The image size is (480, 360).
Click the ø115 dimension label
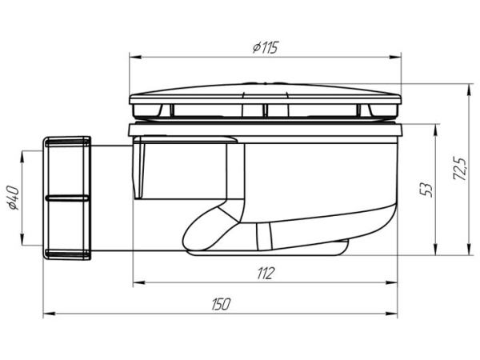[266, 48]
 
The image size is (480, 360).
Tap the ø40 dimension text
[14, 198]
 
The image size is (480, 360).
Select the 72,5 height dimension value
[460, 168]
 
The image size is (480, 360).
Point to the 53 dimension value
[426, 190]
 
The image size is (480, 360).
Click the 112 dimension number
[265, 274]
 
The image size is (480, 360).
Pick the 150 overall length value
[221, 304]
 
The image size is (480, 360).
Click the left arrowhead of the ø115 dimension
[135, 57]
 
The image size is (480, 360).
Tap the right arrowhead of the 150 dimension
[391, 314]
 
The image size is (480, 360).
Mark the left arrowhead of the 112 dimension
[139, 282]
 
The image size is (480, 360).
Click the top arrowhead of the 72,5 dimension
[469, 90]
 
